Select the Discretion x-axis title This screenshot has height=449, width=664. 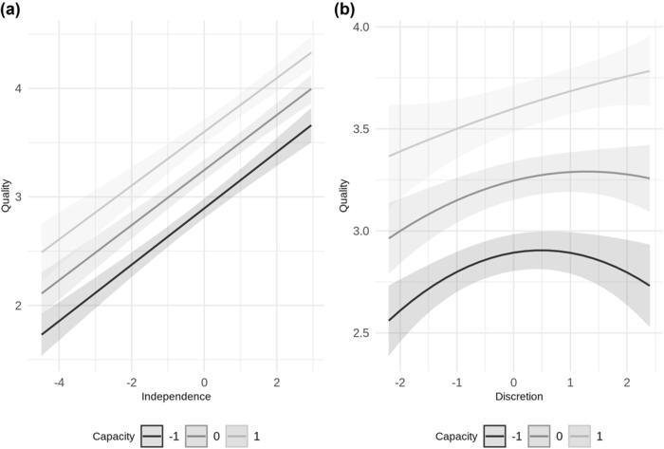tap(519, 394)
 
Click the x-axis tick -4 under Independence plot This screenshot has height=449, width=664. tap(59, 381)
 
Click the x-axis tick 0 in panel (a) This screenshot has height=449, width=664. tap(204, 381)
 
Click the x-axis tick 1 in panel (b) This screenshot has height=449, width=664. tap(570, 381)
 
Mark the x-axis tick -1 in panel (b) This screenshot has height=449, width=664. tap(456, 381)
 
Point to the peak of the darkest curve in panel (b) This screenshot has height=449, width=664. tap(541, 251)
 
